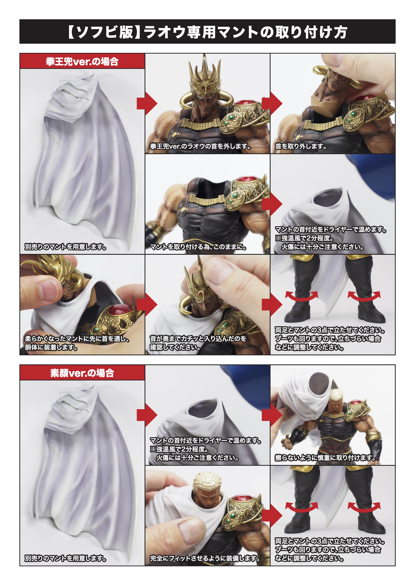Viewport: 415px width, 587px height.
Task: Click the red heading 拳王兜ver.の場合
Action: pos(82,62)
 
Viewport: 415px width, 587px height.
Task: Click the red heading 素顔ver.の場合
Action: pos(82,373)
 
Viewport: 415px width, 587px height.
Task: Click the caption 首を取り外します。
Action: pos(301,146)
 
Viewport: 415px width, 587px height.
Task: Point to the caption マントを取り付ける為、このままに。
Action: pos(198,247)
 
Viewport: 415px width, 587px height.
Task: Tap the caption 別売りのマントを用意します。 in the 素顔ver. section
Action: pos(65,558)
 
